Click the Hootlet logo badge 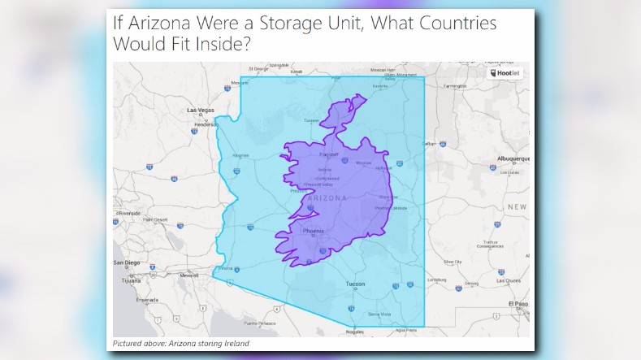coord(505,72)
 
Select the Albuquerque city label coord(513,158)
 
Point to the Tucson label coord(356,284)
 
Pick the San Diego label coord(126,263)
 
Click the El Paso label coord(518,303)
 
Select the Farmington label coord(455,85)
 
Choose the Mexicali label coord(188,275)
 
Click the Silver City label coord(453,262)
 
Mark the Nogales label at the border coord(354,332)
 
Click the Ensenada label coord(148,299)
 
